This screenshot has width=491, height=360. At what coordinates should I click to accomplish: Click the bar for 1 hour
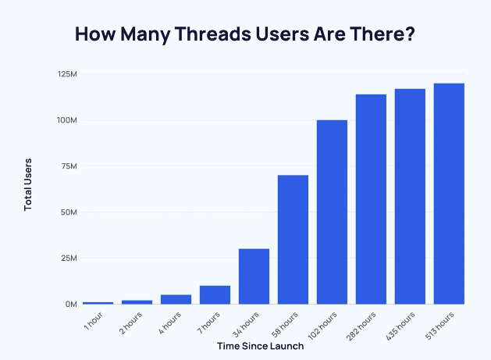click(98, 302)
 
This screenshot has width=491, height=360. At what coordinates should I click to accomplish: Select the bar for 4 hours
click(176, 299)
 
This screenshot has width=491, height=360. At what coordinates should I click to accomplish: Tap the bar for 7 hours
click(215, 295)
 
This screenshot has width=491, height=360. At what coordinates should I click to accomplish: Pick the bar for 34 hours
click(254, 276)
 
